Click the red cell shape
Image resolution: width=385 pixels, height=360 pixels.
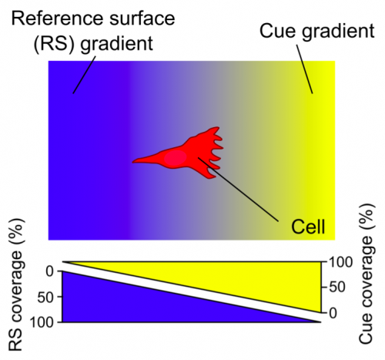pyautogui.click(x=189, y=152)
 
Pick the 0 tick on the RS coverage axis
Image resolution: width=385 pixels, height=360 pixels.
pyautogui.click(x=49, y=271)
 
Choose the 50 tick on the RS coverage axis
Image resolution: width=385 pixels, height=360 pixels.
pyautogui.click(x=45, y=297)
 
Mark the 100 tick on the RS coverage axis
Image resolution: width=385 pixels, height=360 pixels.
pyautogui.click(x=40, y=322)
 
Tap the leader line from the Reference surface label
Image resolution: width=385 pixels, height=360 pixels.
pyautogui.click(x=85, y=73)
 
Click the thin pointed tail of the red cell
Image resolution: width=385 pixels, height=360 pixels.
pyautogui.click(x=142, y=161)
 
